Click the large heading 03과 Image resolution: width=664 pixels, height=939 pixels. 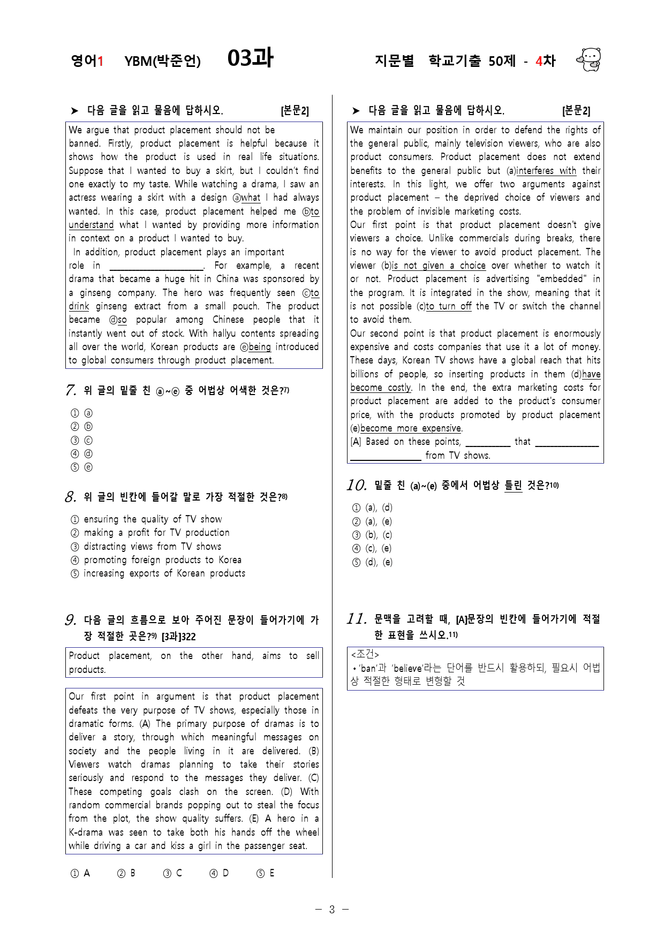click(x=250, y=58)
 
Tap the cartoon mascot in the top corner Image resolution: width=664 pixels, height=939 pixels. click(x=589, y=59)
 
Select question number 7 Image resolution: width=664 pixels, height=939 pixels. click(x=71, y=390)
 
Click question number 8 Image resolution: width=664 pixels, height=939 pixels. click(x=71, y=497)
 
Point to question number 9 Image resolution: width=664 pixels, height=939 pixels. click(x=71, y=620)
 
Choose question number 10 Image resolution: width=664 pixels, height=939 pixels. click(x=356, y=485)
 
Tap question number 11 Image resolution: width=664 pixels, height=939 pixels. click(x=356, y=619)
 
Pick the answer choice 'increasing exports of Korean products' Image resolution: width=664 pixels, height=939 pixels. click(x=164, y=573)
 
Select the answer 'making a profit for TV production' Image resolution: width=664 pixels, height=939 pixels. click(x=156, y=533)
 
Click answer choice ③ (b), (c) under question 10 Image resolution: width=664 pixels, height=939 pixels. click(x=372, y=535)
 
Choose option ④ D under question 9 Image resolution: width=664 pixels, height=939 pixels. click(x=219, y=873)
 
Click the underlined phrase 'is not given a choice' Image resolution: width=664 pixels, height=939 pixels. click(x=439, y=266)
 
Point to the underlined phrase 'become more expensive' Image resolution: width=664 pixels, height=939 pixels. click(x=410, y=428)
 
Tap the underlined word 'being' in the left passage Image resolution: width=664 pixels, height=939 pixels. click(x=260, y=347)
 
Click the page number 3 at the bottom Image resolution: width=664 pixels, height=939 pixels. click(x=331, y=909)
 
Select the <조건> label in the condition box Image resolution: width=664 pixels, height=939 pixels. click(x=365, y=654)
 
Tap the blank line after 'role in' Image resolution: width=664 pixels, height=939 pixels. click(x=156, y=266)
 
